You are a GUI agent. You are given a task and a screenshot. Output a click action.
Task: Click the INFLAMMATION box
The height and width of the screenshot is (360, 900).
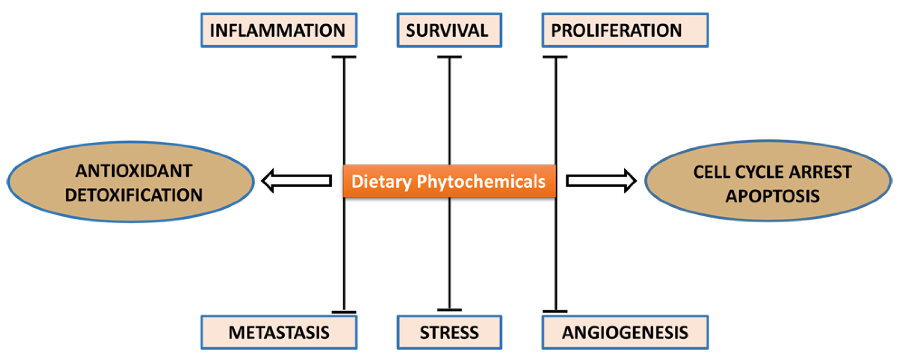279,30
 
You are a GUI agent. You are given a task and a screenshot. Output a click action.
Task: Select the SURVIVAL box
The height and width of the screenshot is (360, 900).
449,30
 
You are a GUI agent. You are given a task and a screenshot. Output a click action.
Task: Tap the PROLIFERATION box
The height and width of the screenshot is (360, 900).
625,30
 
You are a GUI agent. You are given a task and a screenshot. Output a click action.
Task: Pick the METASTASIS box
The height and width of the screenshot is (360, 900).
279,332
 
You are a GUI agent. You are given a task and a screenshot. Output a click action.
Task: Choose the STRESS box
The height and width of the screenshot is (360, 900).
449,332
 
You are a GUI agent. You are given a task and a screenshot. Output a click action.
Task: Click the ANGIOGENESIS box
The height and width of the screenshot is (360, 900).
625,332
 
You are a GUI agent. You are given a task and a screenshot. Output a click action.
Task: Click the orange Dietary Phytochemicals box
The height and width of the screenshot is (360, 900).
449,181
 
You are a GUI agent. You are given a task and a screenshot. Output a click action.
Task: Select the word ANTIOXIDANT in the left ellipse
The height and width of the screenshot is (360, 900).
133,171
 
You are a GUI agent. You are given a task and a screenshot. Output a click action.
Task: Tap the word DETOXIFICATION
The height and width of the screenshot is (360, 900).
133,195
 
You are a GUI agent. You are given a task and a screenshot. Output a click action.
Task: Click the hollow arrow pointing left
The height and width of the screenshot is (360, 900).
297,181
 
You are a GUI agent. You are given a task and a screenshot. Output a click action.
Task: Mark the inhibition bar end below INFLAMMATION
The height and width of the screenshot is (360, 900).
344,57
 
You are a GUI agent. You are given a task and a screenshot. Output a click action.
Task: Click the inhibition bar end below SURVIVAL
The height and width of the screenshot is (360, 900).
449,57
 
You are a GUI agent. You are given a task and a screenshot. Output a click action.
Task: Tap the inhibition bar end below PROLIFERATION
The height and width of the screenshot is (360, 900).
555,57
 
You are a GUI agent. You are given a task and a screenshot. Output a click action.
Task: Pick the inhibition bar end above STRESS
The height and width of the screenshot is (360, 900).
449,310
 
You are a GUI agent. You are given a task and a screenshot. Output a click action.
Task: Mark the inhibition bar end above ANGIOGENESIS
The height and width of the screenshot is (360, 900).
555,311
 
